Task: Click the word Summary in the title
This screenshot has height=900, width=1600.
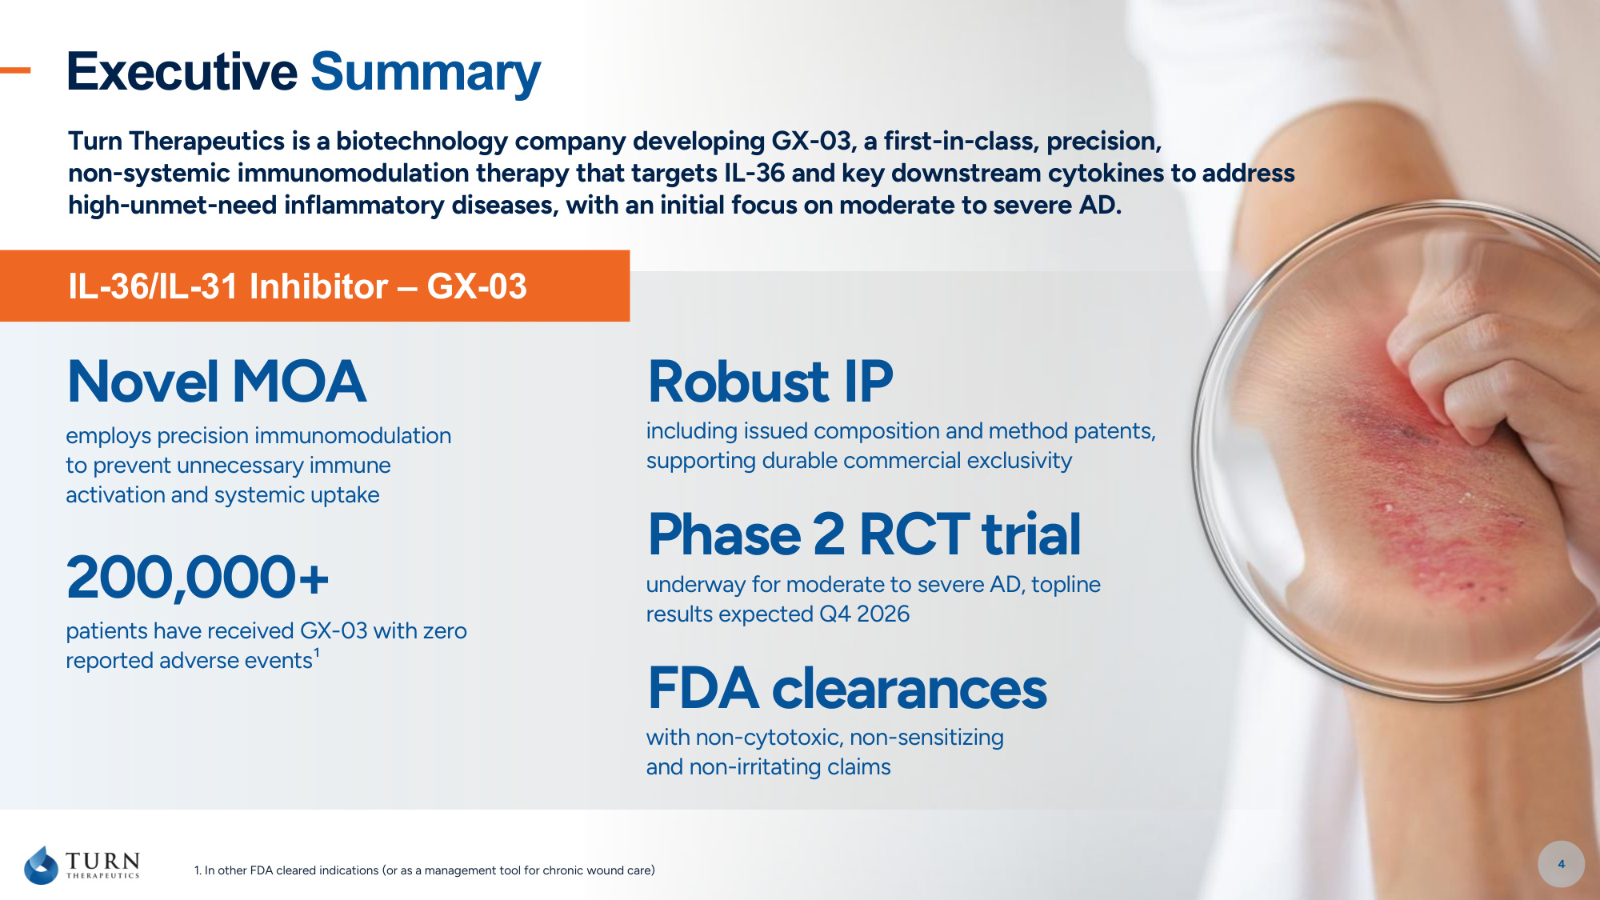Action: tap(426, 73)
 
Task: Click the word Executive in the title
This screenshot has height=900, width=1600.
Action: tap(182, 71)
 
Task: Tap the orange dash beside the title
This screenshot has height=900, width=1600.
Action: tap(15, 70)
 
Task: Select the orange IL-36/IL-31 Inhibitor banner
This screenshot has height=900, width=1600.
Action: tap(314, 286)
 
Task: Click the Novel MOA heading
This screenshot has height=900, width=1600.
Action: tap(217, 381)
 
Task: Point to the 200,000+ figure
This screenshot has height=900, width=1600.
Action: tap(198, 577)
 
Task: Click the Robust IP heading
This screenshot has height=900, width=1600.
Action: tap(770, 381)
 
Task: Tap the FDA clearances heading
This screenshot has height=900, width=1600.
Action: tap(847, 688)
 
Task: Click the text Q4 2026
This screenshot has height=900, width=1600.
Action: tap(864, 614)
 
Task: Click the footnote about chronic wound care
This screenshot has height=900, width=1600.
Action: tap(425, 870)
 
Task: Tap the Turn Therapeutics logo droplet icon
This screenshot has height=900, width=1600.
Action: tap(42, 865)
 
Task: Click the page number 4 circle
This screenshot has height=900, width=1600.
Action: tap(1561, 864)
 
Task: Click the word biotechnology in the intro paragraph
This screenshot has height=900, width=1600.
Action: tap(422, 142)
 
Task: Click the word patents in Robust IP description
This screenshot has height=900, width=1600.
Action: tap(1114, 431)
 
